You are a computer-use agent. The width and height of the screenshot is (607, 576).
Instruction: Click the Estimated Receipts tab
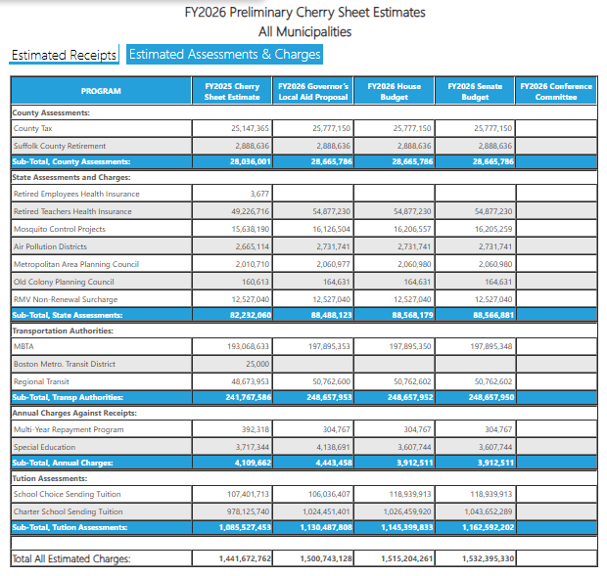(64, 55)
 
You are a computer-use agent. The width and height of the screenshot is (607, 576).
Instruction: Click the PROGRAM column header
(100, 91)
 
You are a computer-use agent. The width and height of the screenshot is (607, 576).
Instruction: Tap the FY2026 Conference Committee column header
(556, 91)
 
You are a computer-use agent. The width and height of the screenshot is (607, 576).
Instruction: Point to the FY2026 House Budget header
(395, 91)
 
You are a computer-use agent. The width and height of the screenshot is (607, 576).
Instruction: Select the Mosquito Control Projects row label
(59, 228)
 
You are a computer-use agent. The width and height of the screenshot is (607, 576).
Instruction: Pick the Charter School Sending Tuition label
(68, 511)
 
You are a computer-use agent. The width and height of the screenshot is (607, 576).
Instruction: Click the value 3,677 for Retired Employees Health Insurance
(259, 194)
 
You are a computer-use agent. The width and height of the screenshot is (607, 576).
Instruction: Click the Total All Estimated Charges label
(70, 558)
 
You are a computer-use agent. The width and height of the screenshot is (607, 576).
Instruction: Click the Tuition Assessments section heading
(49, 478)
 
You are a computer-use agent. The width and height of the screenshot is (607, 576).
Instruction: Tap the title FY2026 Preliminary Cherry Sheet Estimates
(304, 13)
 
